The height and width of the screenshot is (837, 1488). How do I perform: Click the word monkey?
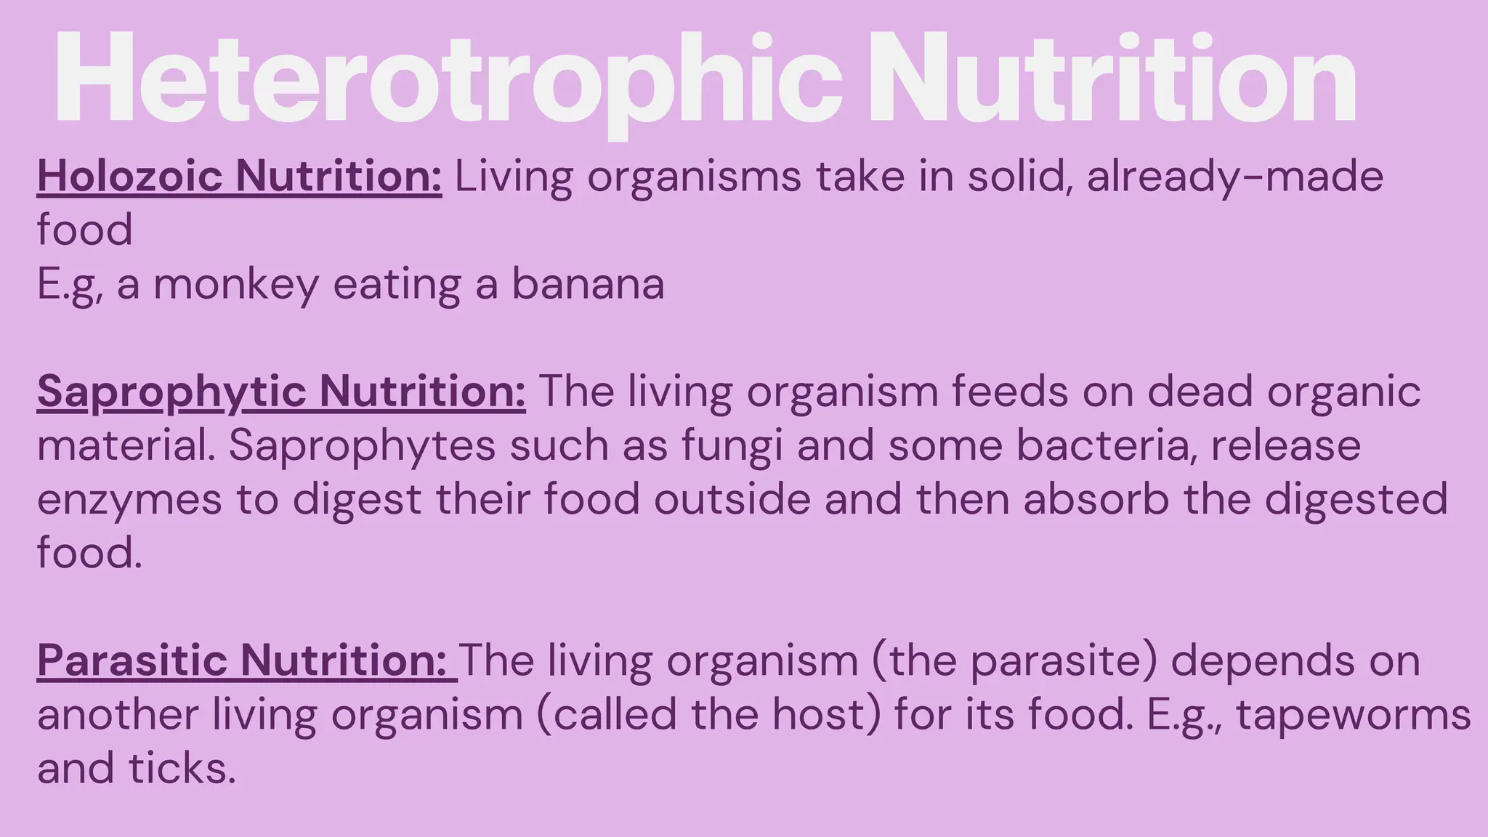point(236,285)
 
